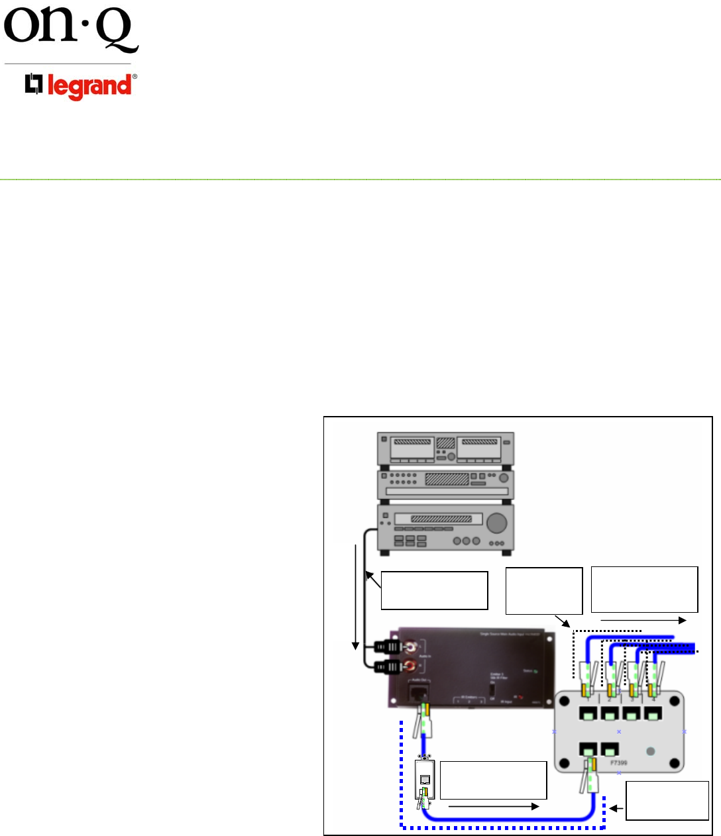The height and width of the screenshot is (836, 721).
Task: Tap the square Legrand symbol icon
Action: coord(34,84)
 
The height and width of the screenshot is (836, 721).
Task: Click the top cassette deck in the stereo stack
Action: coord(445,448)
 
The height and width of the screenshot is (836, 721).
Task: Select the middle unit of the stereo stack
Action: coord(445,484)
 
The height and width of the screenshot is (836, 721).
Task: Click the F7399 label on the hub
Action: coord(618,762)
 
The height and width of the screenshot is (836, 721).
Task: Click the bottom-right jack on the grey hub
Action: coord(609,750)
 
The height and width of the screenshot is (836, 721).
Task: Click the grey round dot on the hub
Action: coord(650,751)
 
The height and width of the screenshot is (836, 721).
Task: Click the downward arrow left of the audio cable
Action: coord(357,596)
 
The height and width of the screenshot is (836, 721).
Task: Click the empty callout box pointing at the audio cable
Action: coord(434,590)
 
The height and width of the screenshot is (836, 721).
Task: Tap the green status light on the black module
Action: coord(535,672)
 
